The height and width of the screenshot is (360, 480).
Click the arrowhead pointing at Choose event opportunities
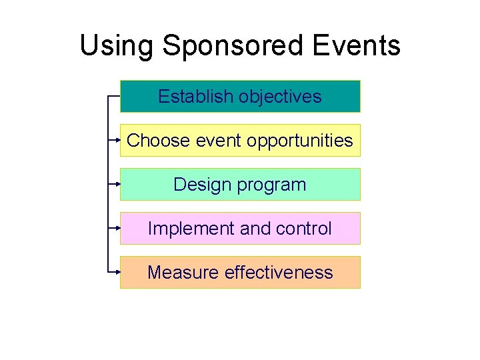click(117, 141)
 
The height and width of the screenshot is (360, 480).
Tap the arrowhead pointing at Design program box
click(117, 184)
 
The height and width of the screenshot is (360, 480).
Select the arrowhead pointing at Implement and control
click(117, 228)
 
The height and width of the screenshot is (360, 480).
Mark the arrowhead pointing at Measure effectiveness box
click(117, 272)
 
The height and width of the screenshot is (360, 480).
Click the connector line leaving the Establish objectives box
click(113, 96)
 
